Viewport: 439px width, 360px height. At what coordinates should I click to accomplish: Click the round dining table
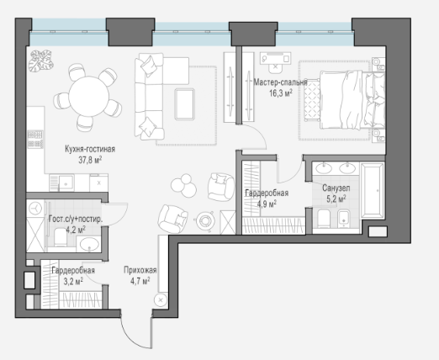click(89, 96)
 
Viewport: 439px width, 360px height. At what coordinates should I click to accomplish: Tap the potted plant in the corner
click(41, 61)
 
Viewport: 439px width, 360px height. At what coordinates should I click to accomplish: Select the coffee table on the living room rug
click(185, 104)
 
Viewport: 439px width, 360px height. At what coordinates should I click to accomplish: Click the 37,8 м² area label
click(90, 160)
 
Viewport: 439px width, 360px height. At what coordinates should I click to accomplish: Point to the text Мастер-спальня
click(280, 82)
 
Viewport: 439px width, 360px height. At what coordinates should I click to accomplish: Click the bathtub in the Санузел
click(372, 191)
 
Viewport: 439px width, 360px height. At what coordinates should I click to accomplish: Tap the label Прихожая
click(140, 270)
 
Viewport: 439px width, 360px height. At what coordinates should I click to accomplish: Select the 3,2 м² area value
click(73, 281)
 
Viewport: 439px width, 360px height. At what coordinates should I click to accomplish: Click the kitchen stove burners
click(35, 140)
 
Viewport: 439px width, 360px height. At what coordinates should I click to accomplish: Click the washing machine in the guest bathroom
click(35, 209)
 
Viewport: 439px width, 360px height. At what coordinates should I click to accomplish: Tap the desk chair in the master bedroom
click(276, 67)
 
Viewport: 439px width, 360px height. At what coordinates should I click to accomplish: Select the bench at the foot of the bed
click(312, 99)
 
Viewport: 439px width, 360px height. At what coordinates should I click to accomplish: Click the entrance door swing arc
click(132, 336)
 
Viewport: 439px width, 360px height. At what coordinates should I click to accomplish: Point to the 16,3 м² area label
click(281, 93)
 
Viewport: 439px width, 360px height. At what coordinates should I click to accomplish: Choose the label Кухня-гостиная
click(90, 149)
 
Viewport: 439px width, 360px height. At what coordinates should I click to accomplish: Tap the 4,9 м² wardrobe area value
click(267, 204)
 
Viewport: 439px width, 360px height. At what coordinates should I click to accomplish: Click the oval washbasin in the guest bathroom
click(89, 244)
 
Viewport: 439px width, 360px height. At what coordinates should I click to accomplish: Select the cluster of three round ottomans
click(184, 185)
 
